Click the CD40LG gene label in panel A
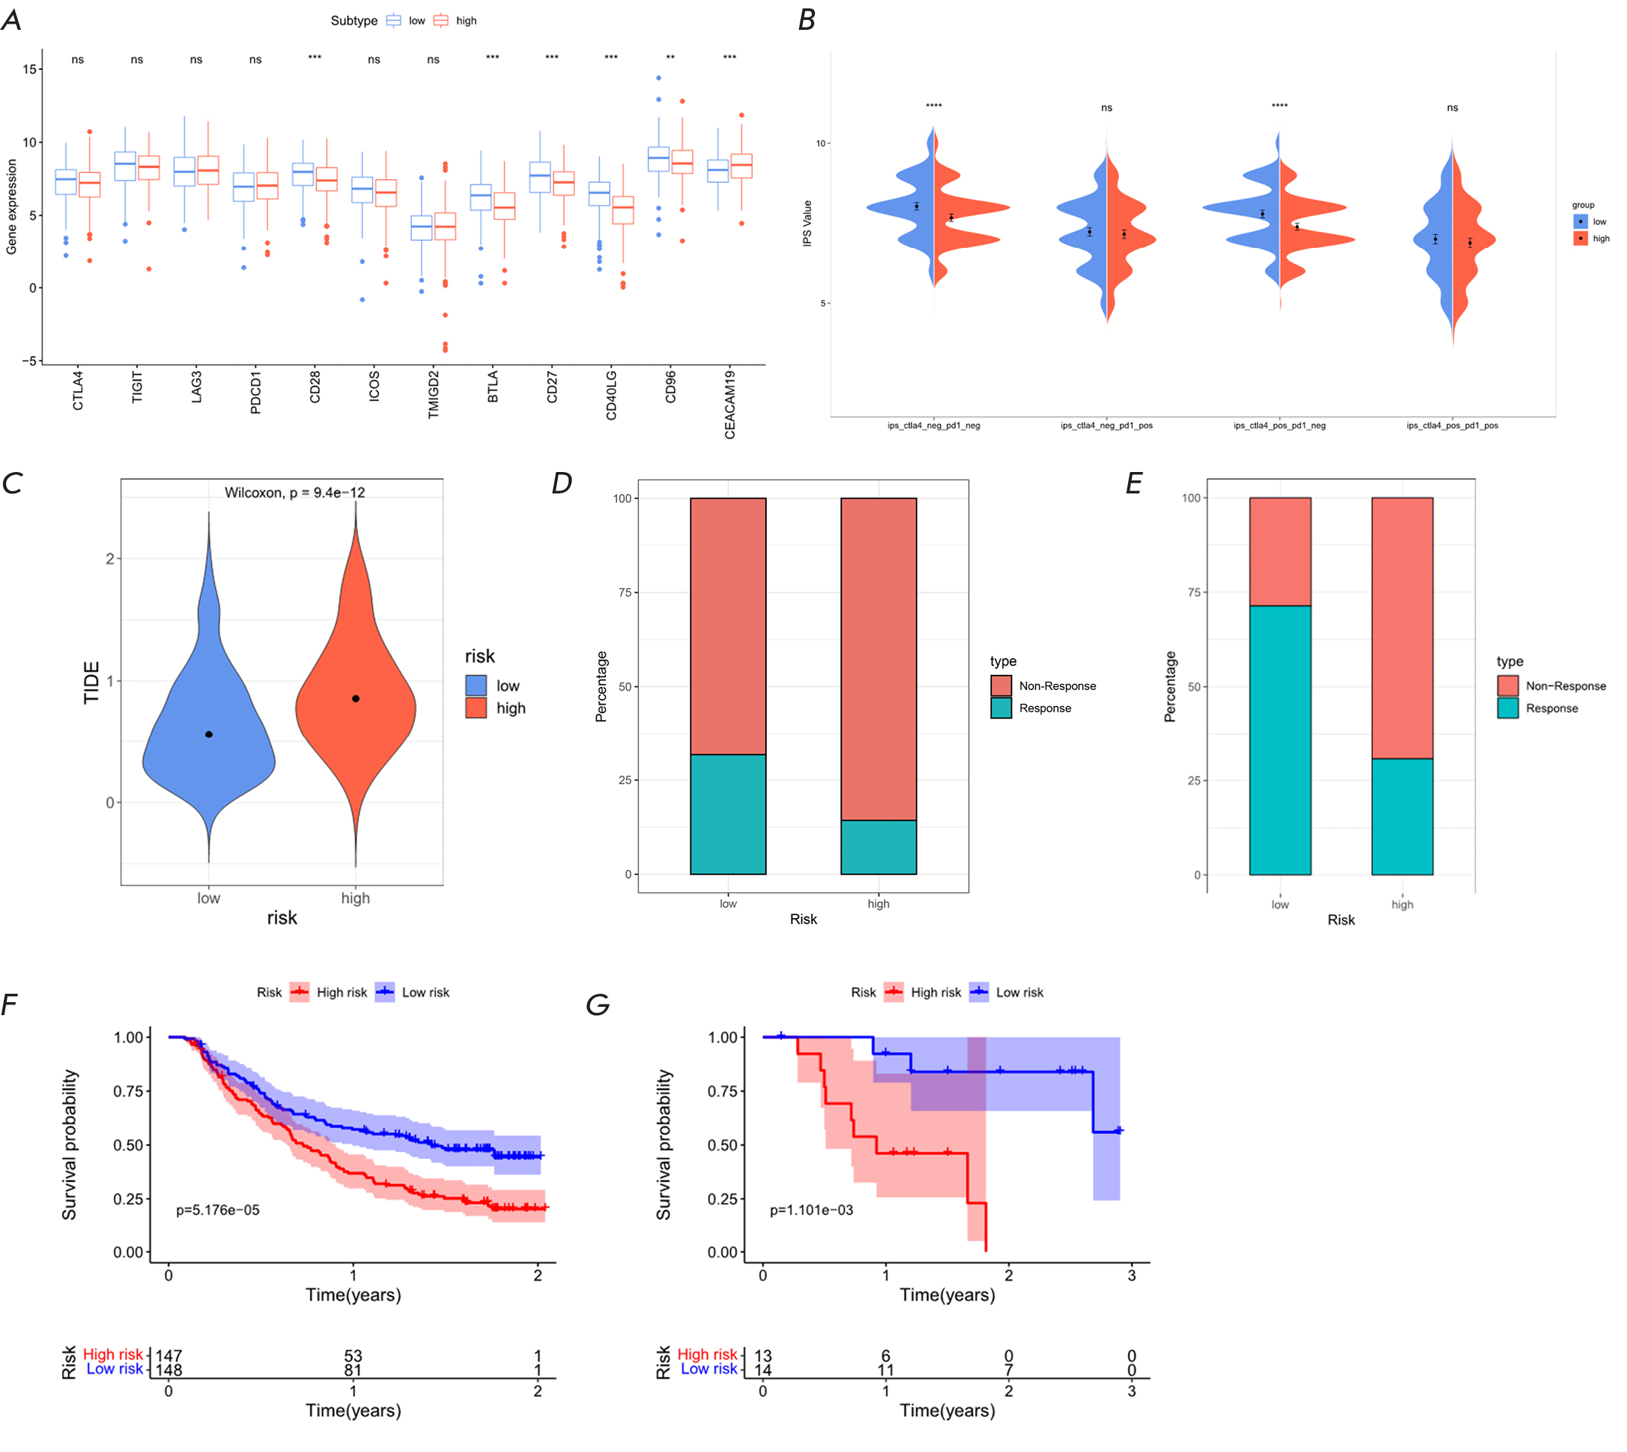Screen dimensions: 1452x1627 coord(611,394)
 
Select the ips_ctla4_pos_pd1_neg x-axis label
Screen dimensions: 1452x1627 coord(1279,425)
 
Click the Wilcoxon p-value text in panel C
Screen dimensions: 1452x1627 coord(295,492)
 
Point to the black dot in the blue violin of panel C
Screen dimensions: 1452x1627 coord(209,734)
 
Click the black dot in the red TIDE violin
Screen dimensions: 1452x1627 coord(356,699)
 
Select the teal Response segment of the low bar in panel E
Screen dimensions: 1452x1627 coord(1280,740)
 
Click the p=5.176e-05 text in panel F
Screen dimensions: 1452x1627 coord(218,1209)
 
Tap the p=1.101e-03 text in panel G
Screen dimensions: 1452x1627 coord(811,1209)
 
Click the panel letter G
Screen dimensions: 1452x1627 coord(598,1004)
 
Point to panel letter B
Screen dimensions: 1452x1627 coord(807,20)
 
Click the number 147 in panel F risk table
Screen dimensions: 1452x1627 coord(168,1356)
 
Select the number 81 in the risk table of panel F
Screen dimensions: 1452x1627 coord(353,1370)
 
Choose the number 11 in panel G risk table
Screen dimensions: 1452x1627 coord(885,1370)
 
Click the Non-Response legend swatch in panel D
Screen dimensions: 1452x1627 coord(1002,685)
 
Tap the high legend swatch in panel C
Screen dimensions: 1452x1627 coord(476,708)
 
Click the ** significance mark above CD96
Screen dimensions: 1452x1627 coord(670,58)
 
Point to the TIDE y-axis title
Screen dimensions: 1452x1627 coord(92,682)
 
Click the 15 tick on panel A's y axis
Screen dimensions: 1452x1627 coord(30,70)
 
